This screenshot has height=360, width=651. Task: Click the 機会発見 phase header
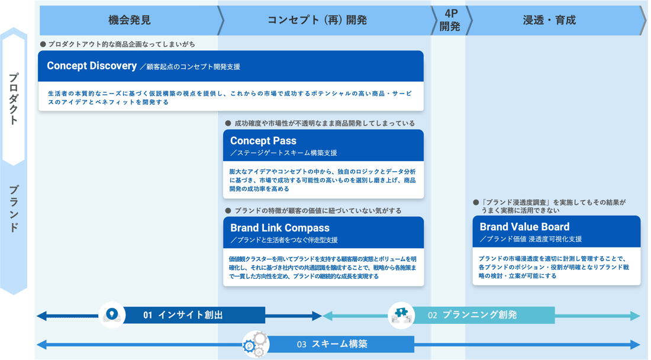click(x=130, y=20)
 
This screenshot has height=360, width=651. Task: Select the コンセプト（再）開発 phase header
click(x=317, y=20)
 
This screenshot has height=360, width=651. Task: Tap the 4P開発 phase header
click(x=449, y=20)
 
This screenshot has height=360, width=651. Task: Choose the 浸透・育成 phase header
click(x=549, y=20)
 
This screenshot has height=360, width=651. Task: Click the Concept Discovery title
click(x=92, y=66)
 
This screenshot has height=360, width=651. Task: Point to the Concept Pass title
click(x=263, y=141)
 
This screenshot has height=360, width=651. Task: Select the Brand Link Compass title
click(x=279, y=228)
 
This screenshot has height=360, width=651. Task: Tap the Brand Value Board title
click(x=524, y=227)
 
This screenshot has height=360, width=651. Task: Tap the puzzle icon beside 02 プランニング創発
click(x=401, y=315)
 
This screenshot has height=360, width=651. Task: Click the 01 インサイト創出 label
click(x=183, y=315)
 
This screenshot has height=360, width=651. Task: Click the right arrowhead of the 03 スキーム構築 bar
click(x=635, y=344)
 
